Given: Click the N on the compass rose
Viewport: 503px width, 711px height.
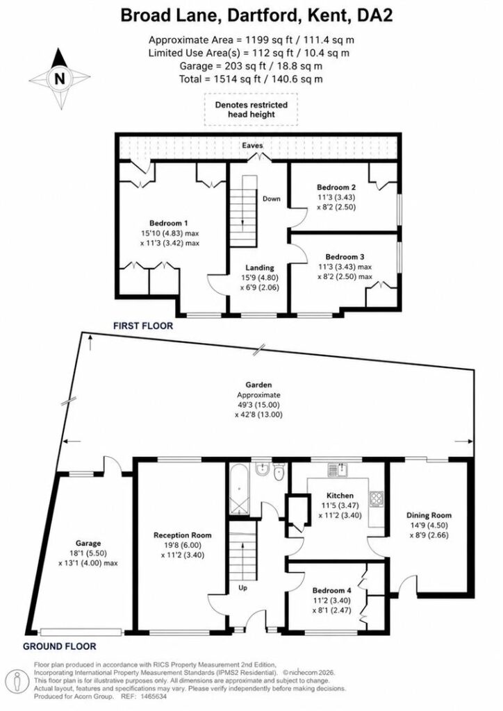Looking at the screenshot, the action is coord(60,79).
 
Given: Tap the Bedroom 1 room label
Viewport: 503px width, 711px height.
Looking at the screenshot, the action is coord(169,223).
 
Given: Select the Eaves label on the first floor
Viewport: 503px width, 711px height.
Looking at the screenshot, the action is coord(253,145).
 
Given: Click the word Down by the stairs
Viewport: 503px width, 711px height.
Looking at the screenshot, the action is coord(271,199).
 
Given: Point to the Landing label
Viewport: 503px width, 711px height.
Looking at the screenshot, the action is coord(260,267).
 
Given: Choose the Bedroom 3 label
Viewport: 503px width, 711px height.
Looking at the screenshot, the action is coord(345,257).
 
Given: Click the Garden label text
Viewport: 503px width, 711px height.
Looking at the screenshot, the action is coord(258,385).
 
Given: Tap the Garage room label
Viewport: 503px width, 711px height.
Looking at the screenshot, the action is coord(88,543).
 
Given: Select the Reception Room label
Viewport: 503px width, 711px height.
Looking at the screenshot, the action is coord(182,535).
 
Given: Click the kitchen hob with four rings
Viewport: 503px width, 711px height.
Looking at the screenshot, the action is coord(377,499).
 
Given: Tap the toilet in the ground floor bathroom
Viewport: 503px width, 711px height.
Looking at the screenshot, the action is coord(279,471).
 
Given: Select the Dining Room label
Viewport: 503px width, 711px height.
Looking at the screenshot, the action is coord(429,515).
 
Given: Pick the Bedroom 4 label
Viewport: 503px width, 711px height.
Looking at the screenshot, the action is coord(331,590).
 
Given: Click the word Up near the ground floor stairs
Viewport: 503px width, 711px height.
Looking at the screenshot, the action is coord(243,588).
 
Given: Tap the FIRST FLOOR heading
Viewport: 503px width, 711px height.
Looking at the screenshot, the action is coord(143,326).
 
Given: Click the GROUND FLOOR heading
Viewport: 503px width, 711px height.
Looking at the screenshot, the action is coord(60,646).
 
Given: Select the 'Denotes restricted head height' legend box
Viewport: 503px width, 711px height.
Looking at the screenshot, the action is coord(251,109).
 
